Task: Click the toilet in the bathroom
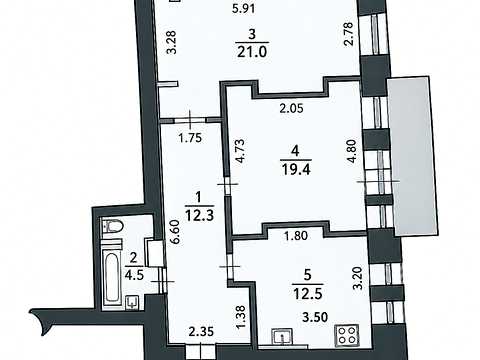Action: pos(113,227)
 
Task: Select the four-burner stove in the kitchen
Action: pos(347,335)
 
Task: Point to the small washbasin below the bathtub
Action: pos(133,302)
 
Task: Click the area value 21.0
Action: pos(252,51)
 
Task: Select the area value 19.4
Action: pos(295,169)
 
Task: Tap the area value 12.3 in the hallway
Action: pos(199,216)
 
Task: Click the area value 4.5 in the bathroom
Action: pos(133,276)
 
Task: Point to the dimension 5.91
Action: pos(244,8)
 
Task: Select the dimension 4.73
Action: pos(240,150)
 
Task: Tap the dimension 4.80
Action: pos(352,152)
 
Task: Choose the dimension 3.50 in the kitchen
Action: pos(315,317)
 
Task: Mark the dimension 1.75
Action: pos(190,138)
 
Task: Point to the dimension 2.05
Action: pos(292,108)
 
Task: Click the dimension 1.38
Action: pos(242,317)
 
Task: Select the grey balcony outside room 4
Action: pos(413,156)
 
